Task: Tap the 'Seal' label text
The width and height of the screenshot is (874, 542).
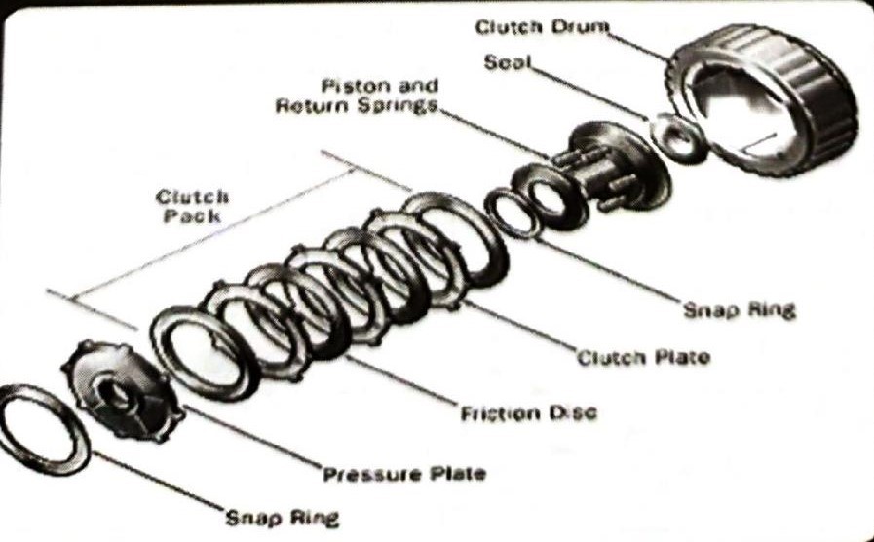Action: pos(507,62)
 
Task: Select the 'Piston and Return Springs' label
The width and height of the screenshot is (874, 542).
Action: pos(357,96)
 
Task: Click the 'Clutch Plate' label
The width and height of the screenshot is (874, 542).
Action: pos(643,357)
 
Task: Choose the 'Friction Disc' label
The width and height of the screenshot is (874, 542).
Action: pos(528,413)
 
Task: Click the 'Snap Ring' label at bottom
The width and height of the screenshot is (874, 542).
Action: pos(283,517)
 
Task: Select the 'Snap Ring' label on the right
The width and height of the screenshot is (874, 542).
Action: pos(739,310)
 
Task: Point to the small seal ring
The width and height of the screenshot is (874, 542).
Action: pos(678,137)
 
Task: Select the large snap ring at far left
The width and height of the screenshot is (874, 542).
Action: pos(44,429)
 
